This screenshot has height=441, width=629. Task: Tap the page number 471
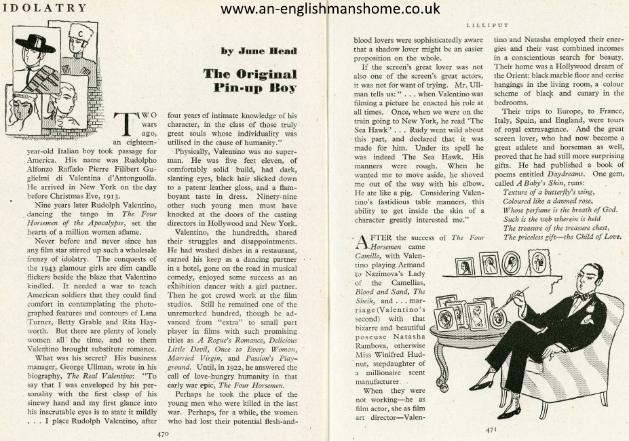[493, 429]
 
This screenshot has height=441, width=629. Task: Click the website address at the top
[330, 9]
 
